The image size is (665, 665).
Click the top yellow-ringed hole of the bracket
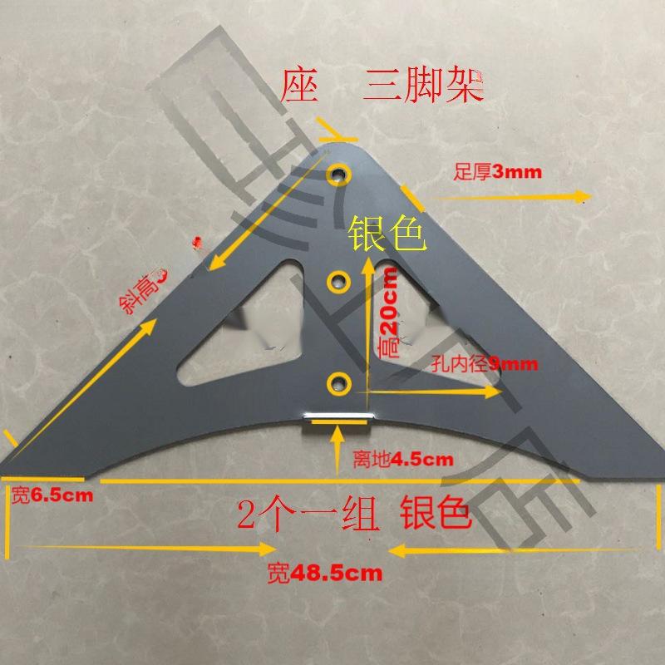[x=339, y=175]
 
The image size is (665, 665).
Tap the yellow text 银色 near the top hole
[x=387, y=234]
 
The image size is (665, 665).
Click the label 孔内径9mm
[x=485, y=363]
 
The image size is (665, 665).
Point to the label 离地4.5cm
[x=402, y=458]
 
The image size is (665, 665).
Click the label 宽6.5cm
[x=51, y=496]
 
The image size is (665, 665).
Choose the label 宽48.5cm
[x=325, y=572]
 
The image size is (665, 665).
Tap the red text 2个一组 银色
[x=355, y=515]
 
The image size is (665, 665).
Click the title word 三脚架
[x=424, y=86]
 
